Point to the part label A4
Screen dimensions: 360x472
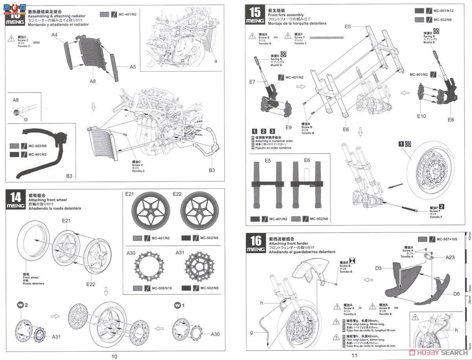(54, 35)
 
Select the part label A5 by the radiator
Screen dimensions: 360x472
(133, 67)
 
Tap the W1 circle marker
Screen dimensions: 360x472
(177, 305)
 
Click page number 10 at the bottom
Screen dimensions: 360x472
(114, 356)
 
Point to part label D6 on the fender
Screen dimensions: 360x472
(456, 294)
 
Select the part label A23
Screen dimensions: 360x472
(451, 257)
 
